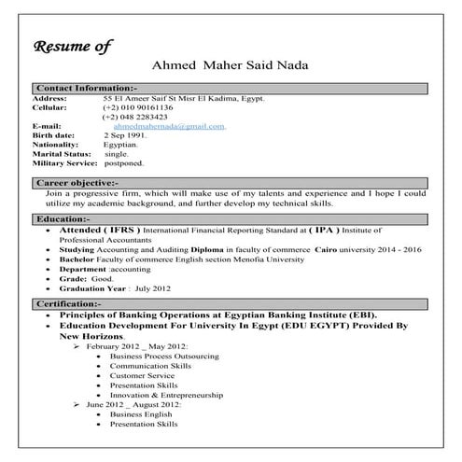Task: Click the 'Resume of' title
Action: (x=73, y=46)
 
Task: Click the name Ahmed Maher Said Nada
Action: (x=230, y=66)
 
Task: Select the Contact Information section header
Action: (x=85, y=88)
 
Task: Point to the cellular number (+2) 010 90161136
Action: (x=138, y=107)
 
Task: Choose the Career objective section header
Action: (x=77, y=183)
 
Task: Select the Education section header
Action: (x=62, y=218)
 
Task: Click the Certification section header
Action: (x=70, y=305)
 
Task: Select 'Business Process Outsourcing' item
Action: (x=164, y=357)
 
